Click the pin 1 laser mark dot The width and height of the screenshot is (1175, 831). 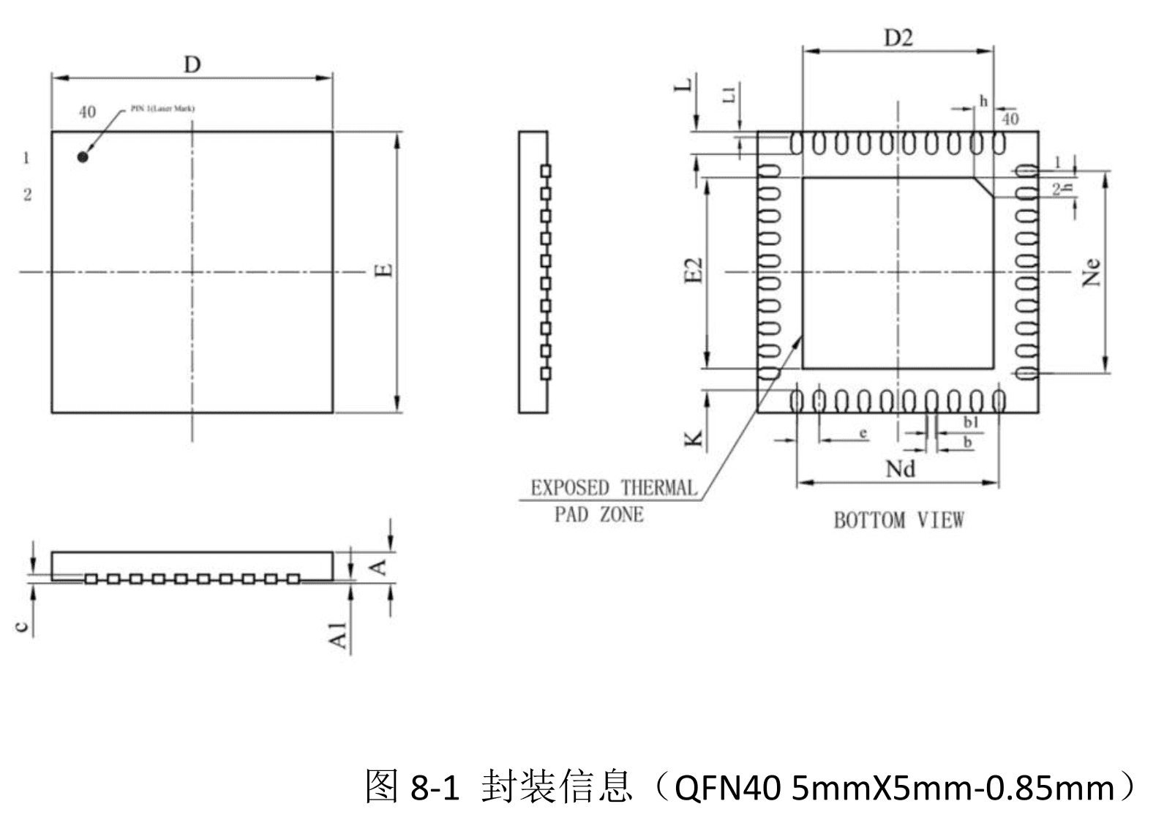[x=83, y=157]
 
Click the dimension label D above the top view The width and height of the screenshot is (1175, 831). [x=192, y=65]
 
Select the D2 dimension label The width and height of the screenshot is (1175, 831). [x=898, y=38]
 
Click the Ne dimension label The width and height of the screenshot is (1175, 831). [x=1091, y=272]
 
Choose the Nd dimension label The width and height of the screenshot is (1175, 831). [x=900, y=468]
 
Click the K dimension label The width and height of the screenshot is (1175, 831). [x=694, y=439]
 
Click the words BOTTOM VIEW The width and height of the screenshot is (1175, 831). [x=898, y=520]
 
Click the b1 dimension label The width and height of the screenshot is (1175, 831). [x=971, y=422]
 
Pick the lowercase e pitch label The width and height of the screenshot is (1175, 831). [x=863, y=433]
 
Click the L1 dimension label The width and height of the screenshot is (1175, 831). [x=729, y=94]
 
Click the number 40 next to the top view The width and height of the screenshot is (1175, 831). [x=87, y=112]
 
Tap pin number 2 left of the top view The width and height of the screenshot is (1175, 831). [x=27, y=195]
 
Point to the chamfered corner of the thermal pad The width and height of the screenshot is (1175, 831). [x=983, y=187]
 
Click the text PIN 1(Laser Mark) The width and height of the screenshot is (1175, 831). [x=162, y=108]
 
